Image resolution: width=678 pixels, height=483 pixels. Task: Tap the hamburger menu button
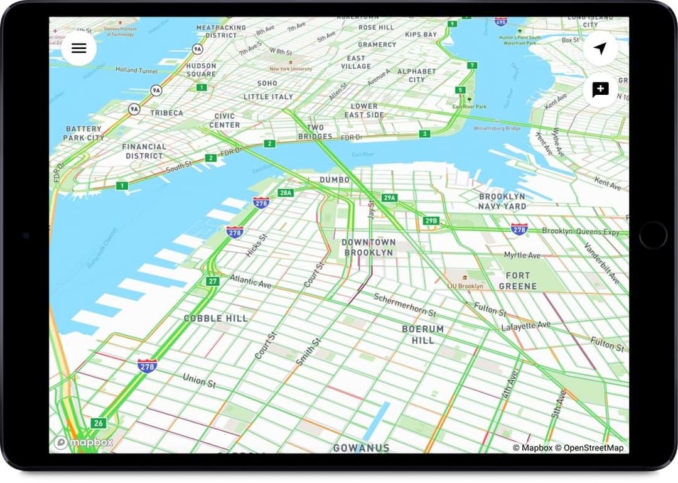[x=79, y=48]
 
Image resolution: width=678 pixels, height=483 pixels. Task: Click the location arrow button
[x=600, y=48]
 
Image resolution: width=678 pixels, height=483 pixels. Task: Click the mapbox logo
[x=84, y=443]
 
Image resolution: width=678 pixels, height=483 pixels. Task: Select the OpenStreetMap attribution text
[x=593, y=448]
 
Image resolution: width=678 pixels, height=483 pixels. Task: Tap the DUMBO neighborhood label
[x=334, y=180]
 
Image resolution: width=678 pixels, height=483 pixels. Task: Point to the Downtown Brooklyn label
[x=368, y=247]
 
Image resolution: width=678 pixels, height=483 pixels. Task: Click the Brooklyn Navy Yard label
[x=502, y=201]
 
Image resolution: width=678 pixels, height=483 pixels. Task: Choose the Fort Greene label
[x=517, y=281]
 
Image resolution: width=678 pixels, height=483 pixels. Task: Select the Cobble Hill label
[x=215, y=318]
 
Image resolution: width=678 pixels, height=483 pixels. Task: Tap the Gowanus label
[x=361, y=448]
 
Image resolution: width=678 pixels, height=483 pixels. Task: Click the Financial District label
[x=144, y=151]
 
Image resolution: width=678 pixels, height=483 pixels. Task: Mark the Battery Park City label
[x=83, y=133]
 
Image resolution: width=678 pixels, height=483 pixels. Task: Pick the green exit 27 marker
[x=213, y=281]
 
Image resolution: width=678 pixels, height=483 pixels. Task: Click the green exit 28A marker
[x=286, y=193]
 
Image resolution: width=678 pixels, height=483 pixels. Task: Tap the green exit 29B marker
[x=431, y=221]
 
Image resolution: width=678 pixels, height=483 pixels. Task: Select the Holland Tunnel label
[x=136, y=70]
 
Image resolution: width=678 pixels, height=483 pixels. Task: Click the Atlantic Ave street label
[x=250, y=281]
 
